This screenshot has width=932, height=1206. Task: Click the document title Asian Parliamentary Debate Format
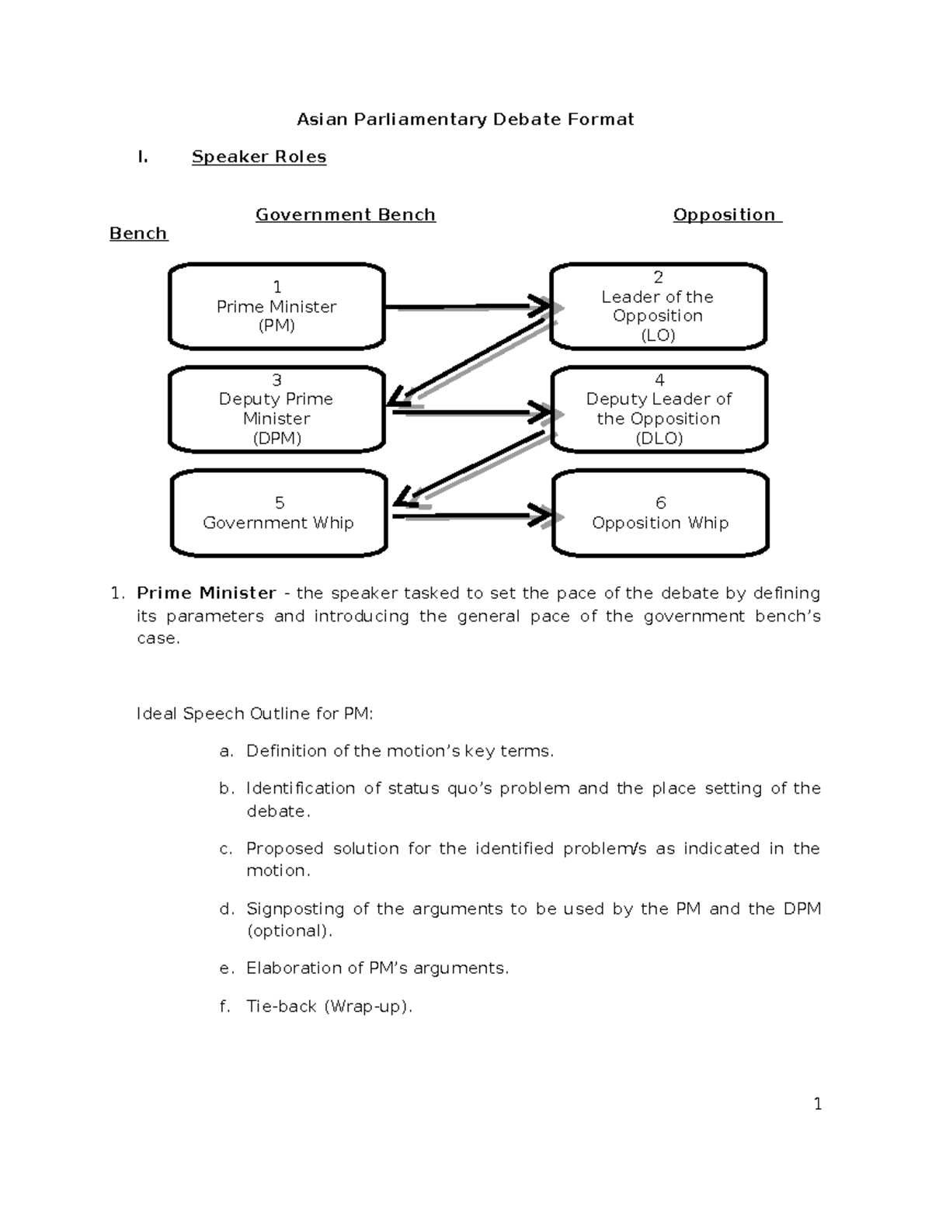[x=465, y=119]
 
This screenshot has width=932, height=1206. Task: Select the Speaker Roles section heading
[x=259, y=157]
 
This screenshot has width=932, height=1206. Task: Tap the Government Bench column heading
[x=345, y=215]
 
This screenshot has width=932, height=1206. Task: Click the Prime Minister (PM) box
[x=276, y=307]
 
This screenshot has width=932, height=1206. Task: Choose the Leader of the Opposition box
[x=658, y=307]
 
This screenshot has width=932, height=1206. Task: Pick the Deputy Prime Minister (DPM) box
[x=276, y=409]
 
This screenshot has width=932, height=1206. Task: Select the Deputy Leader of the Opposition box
[x=659, y=409]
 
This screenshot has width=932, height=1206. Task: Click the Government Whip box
[x=278, y=513]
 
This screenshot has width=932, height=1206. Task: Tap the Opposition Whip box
[x=660, y=513]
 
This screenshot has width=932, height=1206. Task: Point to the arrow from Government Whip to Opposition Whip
[x=470, y=516]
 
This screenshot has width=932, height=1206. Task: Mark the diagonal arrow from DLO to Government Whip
[x=478, y=464]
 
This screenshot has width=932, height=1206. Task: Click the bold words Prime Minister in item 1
[x=206, y=593]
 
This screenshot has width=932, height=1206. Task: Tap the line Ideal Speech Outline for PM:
[x=255, y=714]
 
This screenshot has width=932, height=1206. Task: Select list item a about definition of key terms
[x=399, y=751]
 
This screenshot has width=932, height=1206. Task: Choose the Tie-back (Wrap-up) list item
[x=329, y=1006]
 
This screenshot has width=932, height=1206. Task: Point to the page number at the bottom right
[x=817, y=1104]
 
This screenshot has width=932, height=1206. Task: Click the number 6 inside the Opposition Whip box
[x=660, y=502]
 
